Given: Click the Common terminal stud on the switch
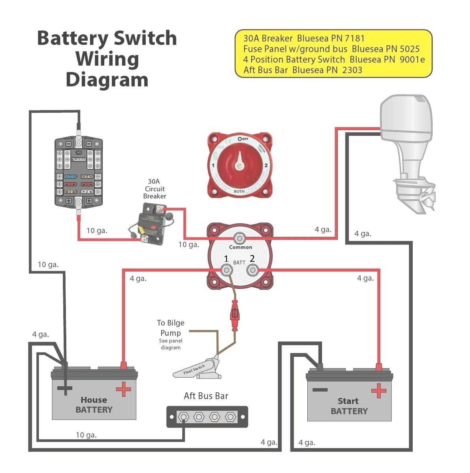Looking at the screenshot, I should coord(239,238).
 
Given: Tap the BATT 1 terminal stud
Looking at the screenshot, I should coord(227,271).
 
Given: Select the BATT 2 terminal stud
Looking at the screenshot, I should coord(252,271).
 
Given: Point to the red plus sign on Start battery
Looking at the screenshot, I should coord(378,391).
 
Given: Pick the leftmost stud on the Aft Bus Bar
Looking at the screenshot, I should coord(184,417).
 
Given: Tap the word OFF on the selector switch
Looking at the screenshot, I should coord(243,139).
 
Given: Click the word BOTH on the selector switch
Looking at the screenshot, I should coord(239,191).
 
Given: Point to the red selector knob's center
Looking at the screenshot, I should coord(239,165).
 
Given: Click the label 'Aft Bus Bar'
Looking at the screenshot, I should coord(206,396).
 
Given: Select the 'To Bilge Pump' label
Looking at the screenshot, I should coord(170,328).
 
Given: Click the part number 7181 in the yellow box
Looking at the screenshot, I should coord(354,38).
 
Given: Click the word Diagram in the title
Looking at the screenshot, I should coord(107,79).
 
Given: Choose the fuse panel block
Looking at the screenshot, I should coord(79,171).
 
